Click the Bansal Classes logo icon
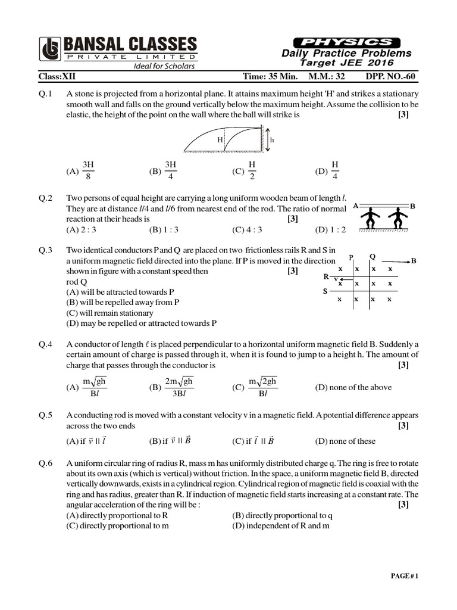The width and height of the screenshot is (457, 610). (x=50, y=50)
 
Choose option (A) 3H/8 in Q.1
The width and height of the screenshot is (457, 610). (x=81, y=169)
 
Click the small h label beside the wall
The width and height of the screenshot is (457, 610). (x=272, y=139)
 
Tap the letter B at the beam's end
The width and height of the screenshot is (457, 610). (x=412, y=206)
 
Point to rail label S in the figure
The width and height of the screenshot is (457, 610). (x=325, y=291)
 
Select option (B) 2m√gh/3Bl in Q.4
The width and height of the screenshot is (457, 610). (x=172, y=387)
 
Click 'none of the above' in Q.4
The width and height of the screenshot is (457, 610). (x=353, y=387)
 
